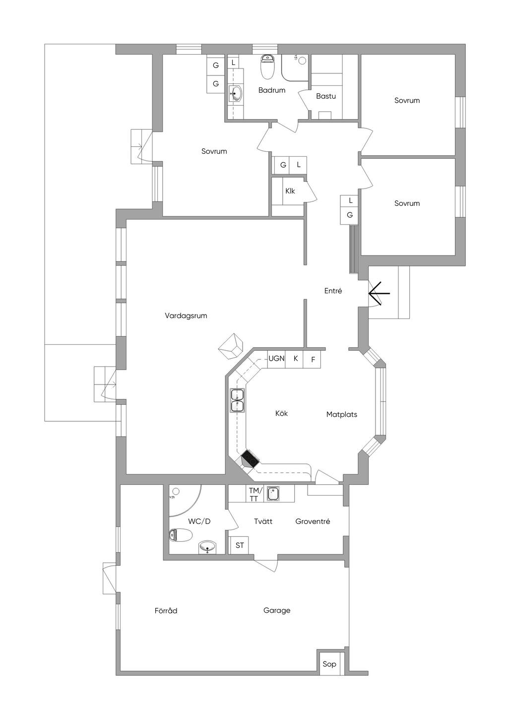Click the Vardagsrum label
click(186, 316)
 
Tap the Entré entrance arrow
click(379, 293)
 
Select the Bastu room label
click(326, 96)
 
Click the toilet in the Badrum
click(267, 67)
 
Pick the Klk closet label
click(290, 191)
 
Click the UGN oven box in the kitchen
click(276, 359)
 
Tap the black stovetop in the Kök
click(251, 458)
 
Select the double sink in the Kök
click(237, 400)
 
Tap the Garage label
click(277, 610)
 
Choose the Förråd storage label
click(166, 610)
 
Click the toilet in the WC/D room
click(181, 535)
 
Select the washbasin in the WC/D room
click(208, 547)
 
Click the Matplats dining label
click(342, 414)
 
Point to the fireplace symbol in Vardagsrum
click(230, 346)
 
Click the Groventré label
click(313, 522)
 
